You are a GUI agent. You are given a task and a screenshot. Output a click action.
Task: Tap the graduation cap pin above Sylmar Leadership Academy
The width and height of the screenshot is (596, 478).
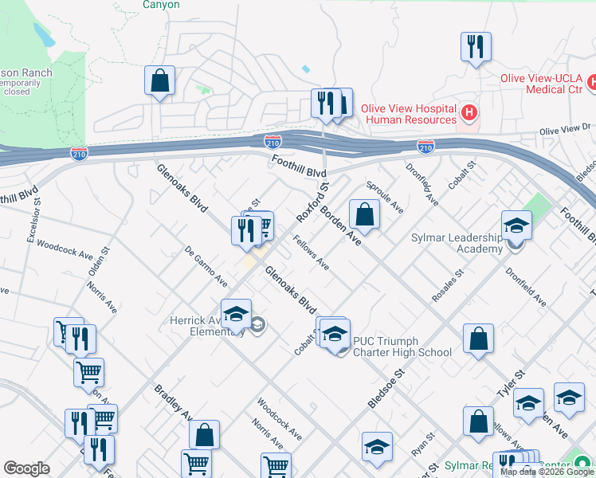[516, 226]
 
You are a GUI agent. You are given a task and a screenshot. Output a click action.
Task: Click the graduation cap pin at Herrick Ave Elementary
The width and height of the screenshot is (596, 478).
[236, 315]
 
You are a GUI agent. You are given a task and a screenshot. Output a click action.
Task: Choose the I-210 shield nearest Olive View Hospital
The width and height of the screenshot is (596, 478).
[425, 147]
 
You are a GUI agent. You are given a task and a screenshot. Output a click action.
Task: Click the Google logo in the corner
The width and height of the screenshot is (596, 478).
[26, 468]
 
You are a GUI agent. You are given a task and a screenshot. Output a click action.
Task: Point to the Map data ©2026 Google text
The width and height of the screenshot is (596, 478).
[547, 472]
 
